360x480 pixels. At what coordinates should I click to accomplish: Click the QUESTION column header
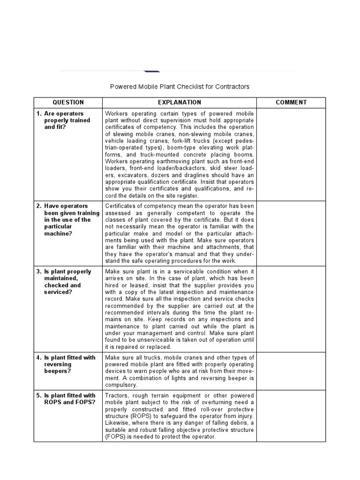tap(68, 102)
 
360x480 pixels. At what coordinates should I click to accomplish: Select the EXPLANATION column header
tap(180, 102)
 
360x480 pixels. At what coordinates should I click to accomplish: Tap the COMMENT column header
tap(291, 102)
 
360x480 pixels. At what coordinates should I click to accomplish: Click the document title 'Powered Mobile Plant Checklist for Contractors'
tap(180, 87)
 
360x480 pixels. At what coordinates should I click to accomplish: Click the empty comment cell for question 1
tap(291, 155)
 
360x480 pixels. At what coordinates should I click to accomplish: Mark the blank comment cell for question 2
tap(291, 233)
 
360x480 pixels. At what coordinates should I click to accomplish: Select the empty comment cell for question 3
tap(291, 309)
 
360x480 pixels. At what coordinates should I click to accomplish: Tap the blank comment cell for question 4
tap(291, 371)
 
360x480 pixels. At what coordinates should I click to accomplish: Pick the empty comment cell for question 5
tap(291, 416)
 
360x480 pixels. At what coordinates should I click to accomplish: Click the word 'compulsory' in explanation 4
tap(121, 385)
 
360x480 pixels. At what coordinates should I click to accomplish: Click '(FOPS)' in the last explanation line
tap(114, 437)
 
